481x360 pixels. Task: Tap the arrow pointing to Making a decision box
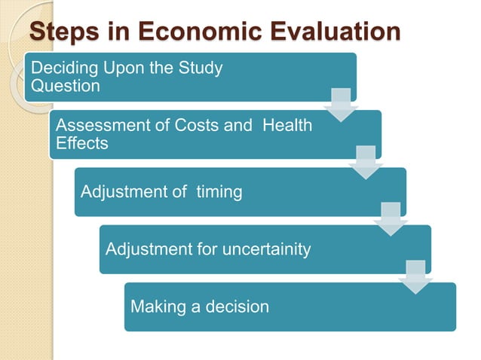[x=415, y=276]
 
